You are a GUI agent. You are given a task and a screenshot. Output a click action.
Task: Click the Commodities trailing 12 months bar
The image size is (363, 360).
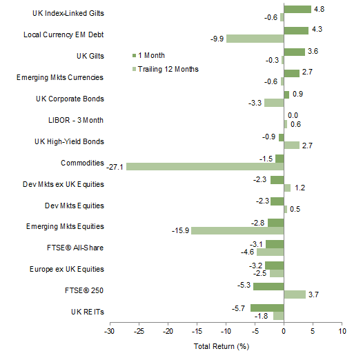(x=204, y=166)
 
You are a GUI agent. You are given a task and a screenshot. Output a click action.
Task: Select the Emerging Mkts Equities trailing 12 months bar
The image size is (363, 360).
(x=237, y=230)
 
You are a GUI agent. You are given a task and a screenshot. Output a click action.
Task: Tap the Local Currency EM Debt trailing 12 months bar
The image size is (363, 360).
(x=254, y=39)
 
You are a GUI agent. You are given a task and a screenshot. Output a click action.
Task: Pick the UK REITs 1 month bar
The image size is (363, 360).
(x=266, y=308)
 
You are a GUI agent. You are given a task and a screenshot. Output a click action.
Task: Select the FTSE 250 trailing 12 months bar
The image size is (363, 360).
(x=294, y=294)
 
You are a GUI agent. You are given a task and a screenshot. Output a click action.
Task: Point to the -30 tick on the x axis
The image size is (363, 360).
(x=109, y=332)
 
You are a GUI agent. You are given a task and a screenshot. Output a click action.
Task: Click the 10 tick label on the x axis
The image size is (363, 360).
(x=342, y=332)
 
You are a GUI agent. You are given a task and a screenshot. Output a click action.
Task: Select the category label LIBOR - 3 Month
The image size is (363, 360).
(x=75, y=119)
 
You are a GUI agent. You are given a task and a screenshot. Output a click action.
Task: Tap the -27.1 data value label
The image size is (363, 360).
(x=115, y=166)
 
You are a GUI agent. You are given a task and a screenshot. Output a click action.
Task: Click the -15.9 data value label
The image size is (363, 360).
(x=179, y=230)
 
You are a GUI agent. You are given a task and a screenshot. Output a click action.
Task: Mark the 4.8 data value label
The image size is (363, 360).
(x=320, y=10)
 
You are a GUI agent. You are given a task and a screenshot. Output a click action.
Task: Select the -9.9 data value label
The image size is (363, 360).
(x=215, y=39)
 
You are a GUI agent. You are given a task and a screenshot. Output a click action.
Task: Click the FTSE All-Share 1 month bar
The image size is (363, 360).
(x=274, y=243)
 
